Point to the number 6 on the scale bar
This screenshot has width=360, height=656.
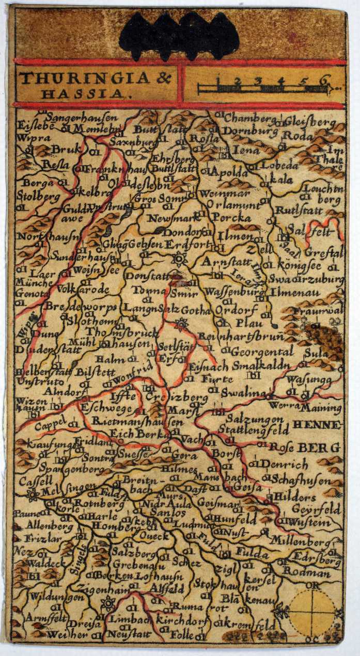pos(324,80)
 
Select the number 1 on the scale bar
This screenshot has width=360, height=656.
pos(218,80)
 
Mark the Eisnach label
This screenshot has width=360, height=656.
pos(209,366)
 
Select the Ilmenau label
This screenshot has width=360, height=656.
pos(293,293)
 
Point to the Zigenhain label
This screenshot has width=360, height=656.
pos(100,586)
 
